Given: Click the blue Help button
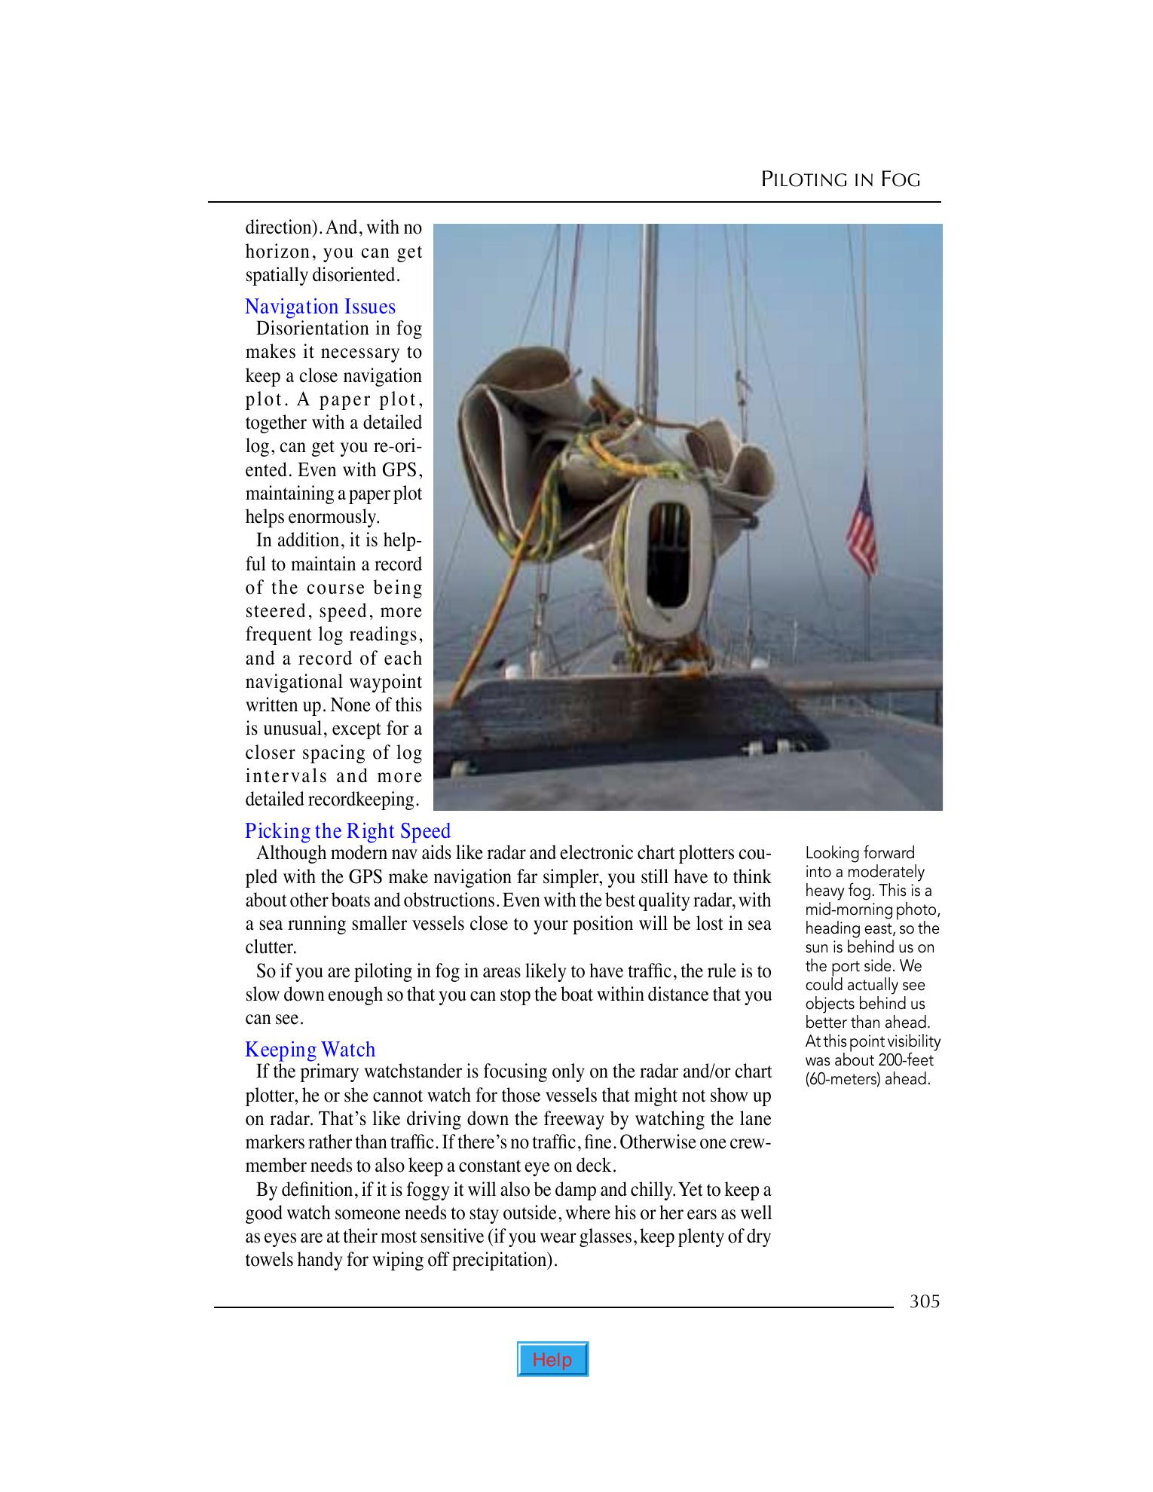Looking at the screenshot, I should pyautogui.click(x=552, y=1359).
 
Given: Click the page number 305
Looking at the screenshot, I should pyautogui.click(x=924, y=1301).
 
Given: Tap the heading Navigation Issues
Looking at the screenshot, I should pyautogui.click(x=320, y=307).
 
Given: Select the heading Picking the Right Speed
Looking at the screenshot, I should pyautogui.click(x=347, y=831).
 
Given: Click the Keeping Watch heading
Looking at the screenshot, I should pyautogui.click(x=310, y=1050).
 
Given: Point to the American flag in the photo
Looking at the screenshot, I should pyautogui.click(x=861, y=520).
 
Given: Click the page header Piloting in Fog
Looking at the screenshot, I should pyautogui.click(x=840, y=179).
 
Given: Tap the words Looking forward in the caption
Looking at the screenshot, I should pyautogui.click(x=859, y=853).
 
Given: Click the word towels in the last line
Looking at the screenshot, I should pyautogui.click(x=268, y=1260).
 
